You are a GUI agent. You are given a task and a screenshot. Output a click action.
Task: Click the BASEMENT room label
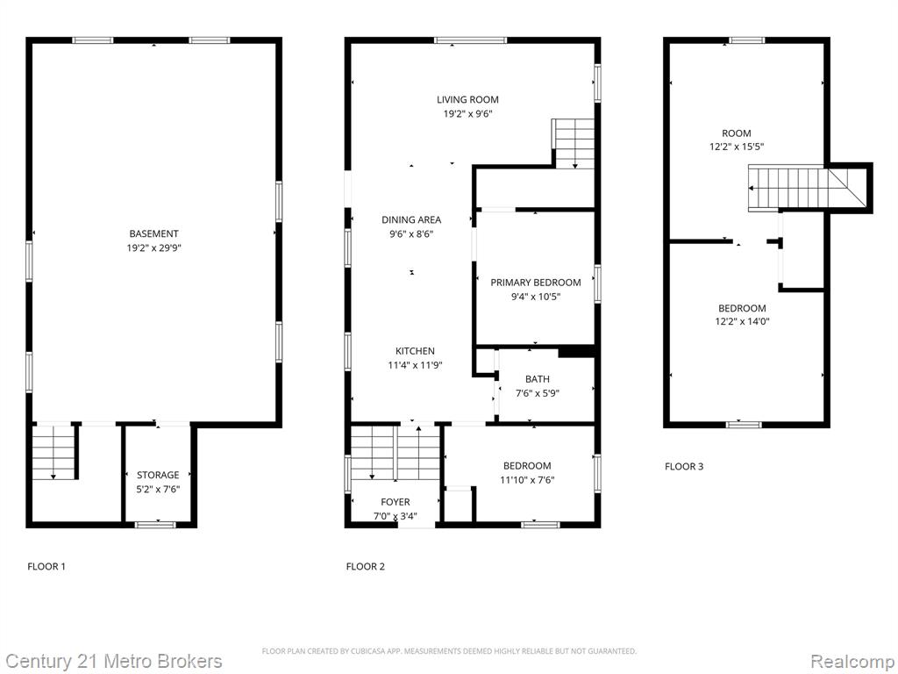(x=153, y=233)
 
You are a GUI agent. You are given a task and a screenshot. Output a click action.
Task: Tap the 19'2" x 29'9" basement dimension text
(x=153, y=248)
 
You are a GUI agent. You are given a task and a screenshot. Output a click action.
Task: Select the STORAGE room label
(x=158, y=475)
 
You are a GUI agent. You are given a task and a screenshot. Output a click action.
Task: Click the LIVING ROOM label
(x=468, y=100)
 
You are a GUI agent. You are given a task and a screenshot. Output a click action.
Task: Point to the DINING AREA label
(x=411, y=219)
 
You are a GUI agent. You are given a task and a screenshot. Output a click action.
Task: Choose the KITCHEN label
(x=415, y=351)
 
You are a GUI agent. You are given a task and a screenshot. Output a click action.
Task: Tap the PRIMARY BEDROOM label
(x=536, y=283)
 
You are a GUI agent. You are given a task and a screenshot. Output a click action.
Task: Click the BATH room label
(x=538, y=379)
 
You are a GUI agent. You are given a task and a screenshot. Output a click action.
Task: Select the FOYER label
(x=396, y=502)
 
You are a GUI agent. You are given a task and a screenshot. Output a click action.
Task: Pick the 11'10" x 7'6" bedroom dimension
(x=527, y=480)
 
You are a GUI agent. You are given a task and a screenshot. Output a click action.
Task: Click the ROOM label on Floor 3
(x=737, y=133)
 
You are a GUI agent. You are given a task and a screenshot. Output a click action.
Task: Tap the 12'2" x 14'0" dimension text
(x=742, y=321)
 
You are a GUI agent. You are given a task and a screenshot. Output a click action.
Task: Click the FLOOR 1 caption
(x=46, y=567)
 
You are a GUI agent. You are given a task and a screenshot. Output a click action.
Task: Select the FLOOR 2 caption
(x=366, y=567)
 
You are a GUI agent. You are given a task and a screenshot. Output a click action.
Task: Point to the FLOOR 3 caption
(x=684, y=467)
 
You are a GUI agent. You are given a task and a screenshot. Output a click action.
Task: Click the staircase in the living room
(x=574, y=143)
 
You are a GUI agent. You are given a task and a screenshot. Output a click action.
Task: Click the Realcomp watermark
(x=852, y=662)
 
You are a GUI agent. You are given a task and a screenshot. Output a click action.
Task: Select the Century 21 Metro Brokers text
(x=113, y=662)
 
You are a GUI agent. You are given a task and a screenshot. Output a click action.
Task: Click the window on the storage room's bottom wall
(x=155, y=525)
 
